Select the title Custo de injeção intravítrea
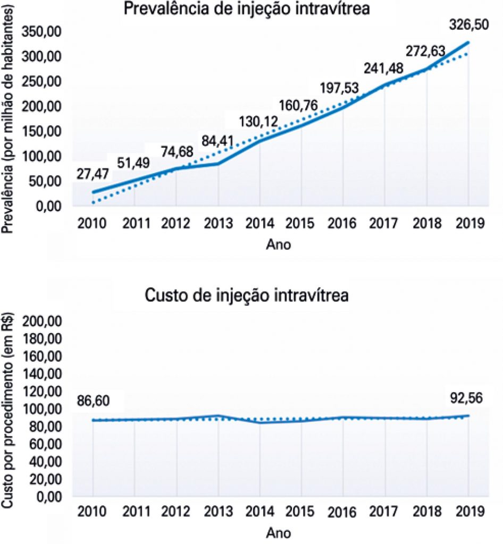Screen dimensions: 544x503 coord(247,295)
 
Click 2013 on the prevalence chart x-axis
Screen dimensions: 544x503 coord(219,223)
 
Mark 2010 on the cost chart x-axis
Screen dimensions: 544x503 coord(92,512)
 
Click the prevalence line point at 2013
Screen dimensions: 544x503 coord(219,163)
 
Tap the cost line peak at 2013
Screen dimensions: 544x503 coord(219,415)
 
